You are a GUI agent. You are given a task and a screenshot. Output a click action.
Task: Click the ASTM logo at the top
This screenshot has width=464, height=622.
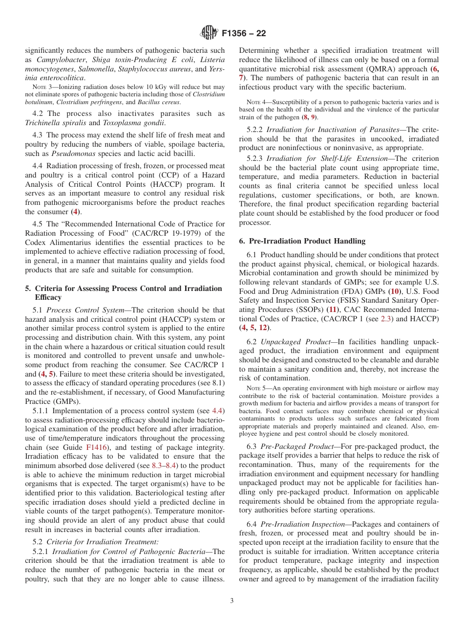tap(209, 33)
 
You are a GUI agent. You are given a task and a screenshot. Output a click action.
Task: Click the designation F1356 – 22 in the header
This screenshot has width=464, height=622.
tap(244, 34)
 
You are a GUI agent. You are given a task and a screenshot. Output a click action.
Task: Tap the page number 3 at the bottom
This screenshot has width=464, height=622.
tap(232, 601)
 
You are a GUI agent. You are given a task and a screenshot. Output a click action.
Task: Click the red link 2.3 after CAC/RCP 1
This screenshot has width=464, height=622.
tap(386, 319)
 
